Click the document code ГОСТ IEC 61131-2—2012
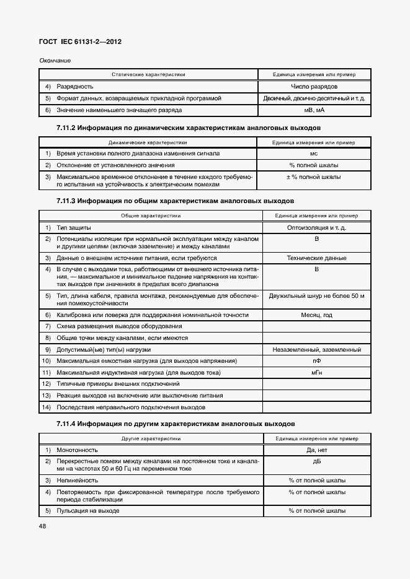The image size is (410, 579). click(81, 42)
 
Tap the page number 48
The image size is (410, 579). click(43, 526)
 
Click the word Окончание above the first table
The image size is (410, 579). click(55, 60)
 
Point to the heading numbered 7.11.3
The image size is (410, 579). click(166, 201)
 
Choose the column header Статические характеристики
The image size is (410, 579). click(148, 74)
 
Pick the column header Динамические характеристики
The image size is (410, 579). click(148, 142)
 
